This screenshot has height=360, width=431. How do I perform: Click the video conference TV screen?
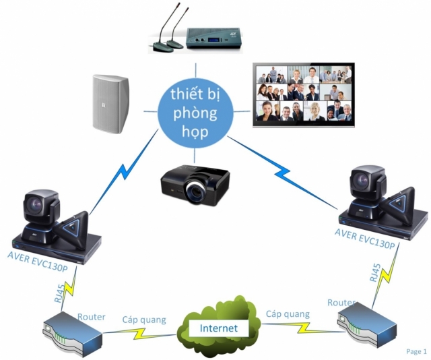tap(302, 95)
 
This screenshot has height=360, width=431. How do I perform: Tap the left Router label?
tap(92, 316)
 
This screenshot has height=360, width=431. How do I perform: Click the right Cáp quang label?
tap(288, 313)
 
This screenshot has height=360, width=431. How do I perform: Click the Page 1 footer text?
tap(416, 351)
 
